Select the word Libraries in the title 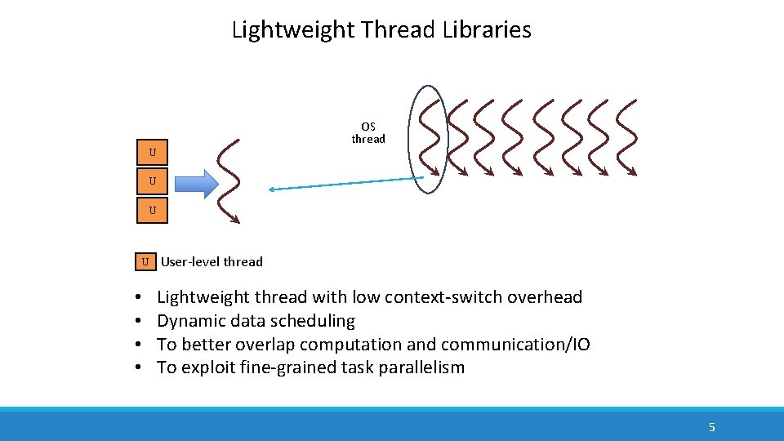(x=487, y=30)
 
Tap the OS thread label (x=368, y=133)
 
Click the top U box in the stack (x=153, y=153)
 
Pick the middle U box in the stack (x=153, y=181)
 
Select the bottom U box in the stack (x=153, y=210)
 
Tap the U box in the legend (x=145, y=262)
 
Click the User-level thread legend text (x=212, y=262)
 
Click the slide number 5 (x=711, y=427)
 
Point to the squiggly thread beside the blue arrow (x=229, y=181)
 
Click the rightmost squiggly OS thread (x=626, y=138)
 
